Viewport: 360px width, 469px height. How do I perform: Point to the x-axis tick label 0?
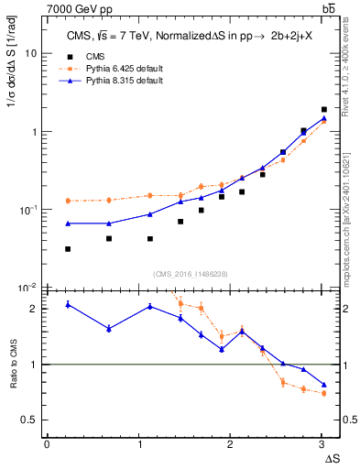point(47,444)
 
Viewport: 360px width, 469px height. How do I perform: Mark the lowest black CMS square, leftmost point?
point(68,249)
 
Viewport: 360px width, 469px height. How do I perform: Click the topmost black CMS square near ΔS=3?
point(323,110)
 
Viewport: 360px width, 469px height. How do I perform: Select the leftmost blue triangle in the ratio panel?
point(68,304)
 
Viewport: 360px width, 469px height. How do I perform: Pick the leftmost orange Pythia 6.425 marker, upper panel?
point(68,201)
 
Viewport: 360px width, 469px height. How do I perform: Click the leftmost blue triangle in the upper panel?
point(68,224)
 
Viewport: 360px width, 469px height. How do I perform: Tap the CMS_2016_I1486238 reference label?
point(190,274)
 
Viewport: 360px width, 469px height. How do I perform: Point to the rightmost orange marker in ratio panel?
point(323,393)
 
